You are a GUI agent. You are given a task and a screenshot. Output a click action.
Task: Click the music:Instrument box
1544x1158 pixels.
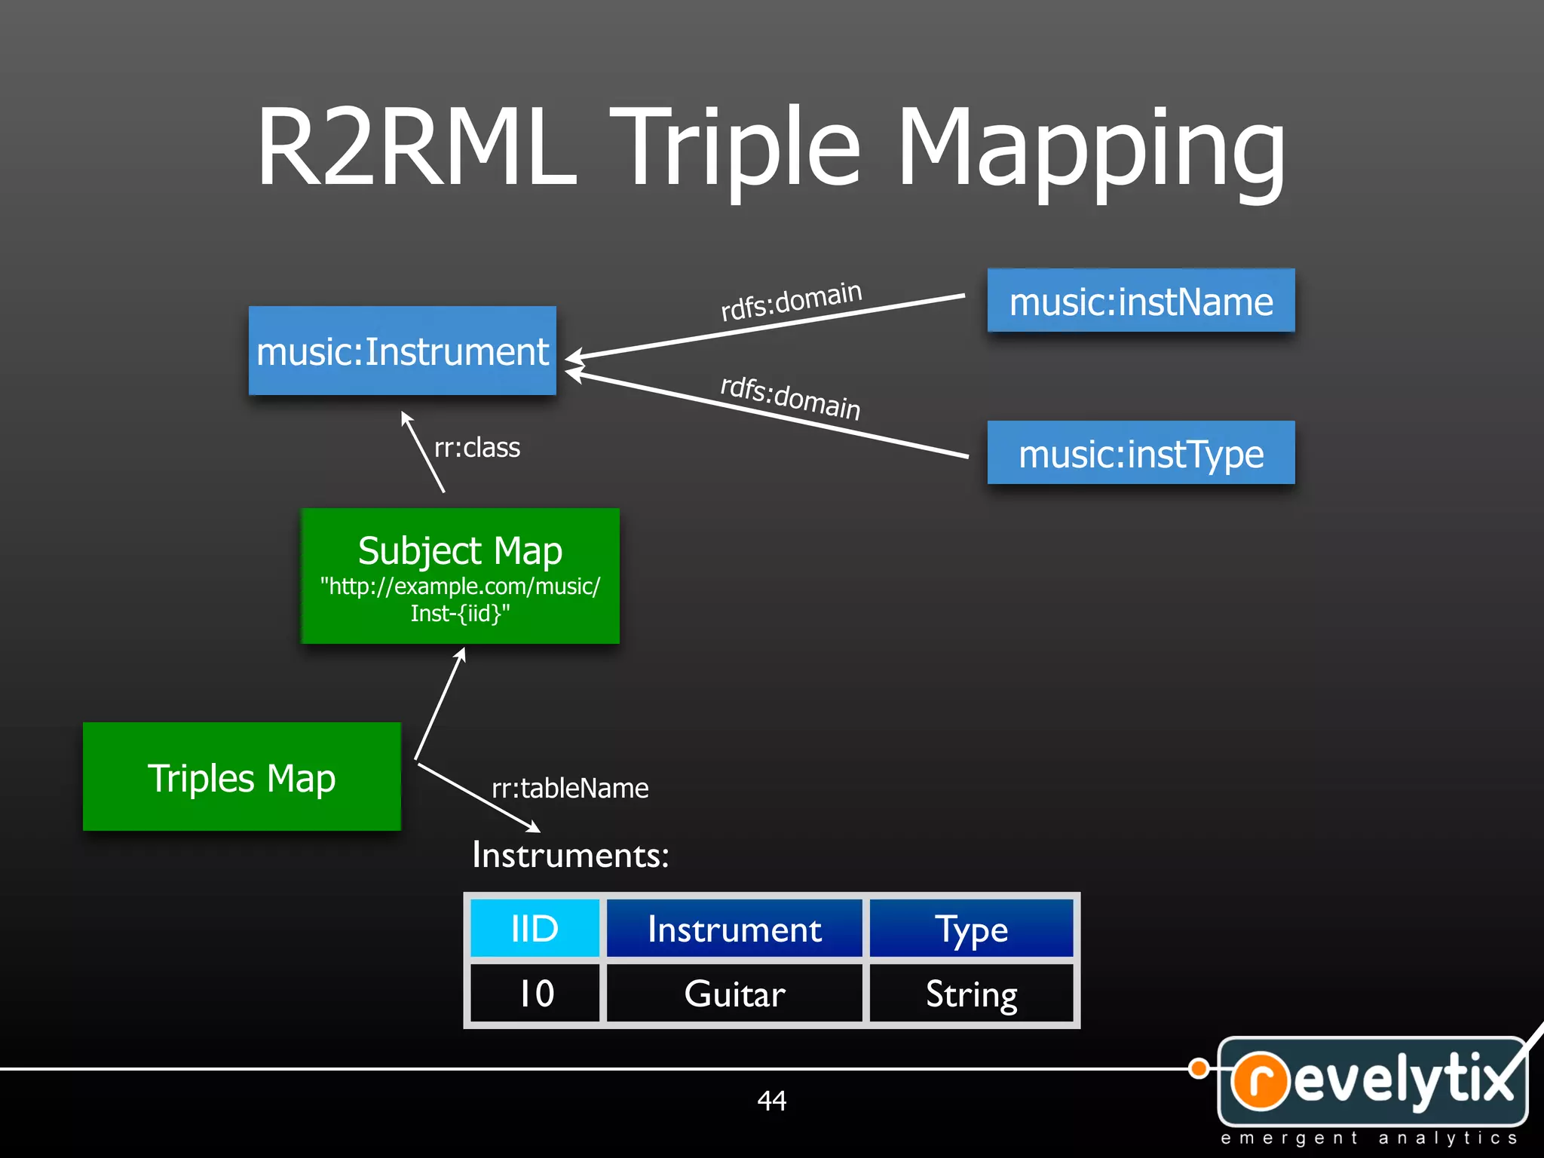(402, 351)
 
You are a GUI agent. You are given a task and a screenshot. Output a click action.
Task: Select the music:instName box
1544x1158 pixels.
(1141, 301)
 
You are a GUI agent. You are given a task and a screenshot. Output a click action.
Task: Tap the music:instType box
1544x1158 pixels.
(1141, 453)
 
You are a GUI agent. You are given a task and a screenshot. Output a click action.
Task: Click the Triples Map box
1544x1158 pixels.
(241, 777)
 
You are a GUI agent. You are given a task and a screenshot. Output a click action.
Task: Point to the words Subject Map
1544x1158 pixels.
(460, 550)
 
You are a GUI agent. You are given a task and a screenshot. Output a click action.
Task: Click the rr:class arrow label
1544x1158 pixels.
(476, 448)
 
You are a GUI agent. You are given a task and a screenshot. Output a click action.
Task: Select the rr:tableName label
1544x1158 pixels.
(570, 788)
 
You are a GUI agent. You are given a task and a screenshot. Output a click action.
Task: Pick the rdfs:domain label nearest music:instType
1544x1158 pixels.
(790, 397)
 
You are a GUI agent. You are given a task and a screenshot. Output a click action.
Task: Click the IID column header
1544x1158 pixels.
(535, 928)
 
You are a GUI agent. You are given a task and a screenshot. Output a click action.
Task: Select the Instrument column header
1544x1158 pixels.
(734, 928)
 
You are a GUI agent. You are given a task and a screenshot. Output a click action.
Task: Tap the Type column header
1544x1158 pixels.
(971, 928)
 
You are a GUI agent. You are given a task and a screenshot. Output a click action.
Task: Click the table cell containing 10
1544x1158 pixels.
(535, 993)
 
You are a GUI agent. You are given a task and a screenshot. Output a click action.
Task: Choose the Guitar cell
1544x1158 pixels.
(734, 993)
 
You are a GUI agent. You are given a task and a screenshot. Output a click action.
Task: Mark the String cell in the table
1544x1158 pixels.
(971, 993)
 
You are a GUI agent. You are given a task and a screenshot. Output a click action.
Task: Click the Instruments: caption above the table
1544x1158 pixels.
(570, 855)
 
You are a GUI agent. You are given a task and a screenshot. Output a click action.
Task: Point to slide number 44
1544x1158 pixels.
(771, 1101)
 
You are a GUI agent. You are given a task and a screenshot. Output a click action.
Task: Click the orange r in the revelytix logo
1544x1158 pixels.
(1261, 1080)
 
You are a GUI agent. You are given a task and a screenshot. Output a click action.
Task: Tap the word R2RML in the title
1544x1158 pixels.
(416, 147)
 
